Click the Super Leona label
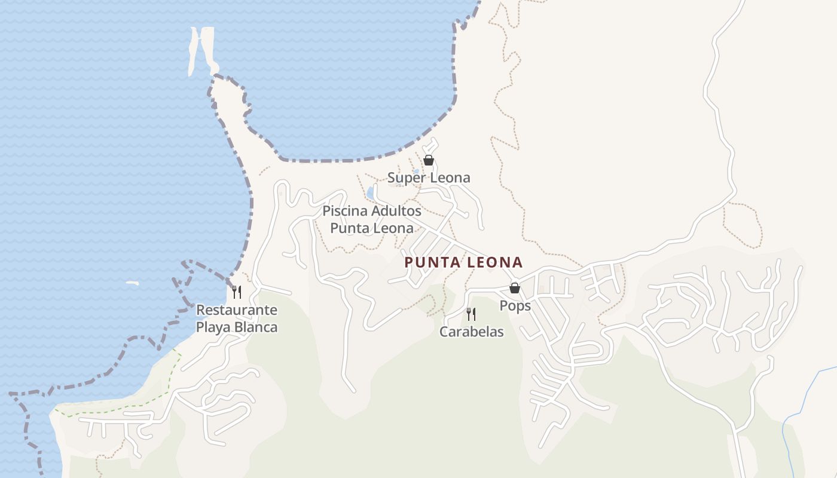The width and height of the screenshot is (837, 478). point(429,177)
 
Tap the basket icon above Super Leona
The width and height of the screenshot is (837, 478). point(428,160)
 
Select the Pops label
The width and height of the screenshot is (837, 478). point(515,306)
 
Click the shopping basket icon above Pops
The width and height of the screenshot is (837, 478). point(514,288)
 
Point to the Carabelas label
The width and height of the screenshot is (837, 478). point(471,332)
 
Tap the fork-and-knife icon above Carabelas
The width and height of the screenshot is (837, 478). point(471,314)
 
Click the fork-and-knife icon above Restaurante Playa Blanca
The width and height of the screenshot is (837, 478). point(237,292)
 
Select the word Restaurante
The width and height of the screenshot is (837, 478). point(237,310)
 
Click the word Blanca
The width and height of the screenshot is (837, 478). point(256,327)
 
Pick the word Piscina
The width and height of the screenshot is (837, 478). point(344,211)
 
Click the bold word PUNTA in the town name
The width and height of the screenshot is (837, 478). point(431,262)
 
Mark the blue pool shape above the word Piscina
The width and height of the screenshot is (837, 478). point(370,193)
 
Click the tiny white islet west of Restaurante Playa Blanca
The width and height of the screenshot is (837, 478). point(132,283)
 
